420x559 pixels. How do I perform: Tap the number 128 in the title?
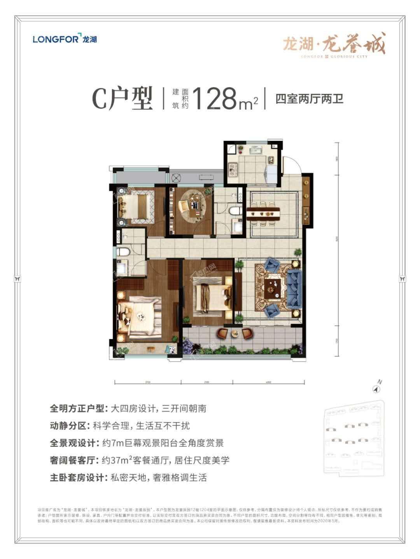[x=215, y=98]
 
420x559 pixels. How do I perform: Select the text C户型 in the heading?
[x=122, y=99]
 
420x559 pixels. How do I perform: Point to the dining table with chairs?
[x=263, y=212]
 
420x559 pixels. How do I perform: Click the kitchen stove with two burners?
[x=233, y=167]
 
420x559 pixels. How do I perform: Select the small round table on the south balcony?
[x=234, y=333]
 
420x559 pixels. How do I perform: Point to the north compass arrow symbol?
[x=376, y=389]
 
